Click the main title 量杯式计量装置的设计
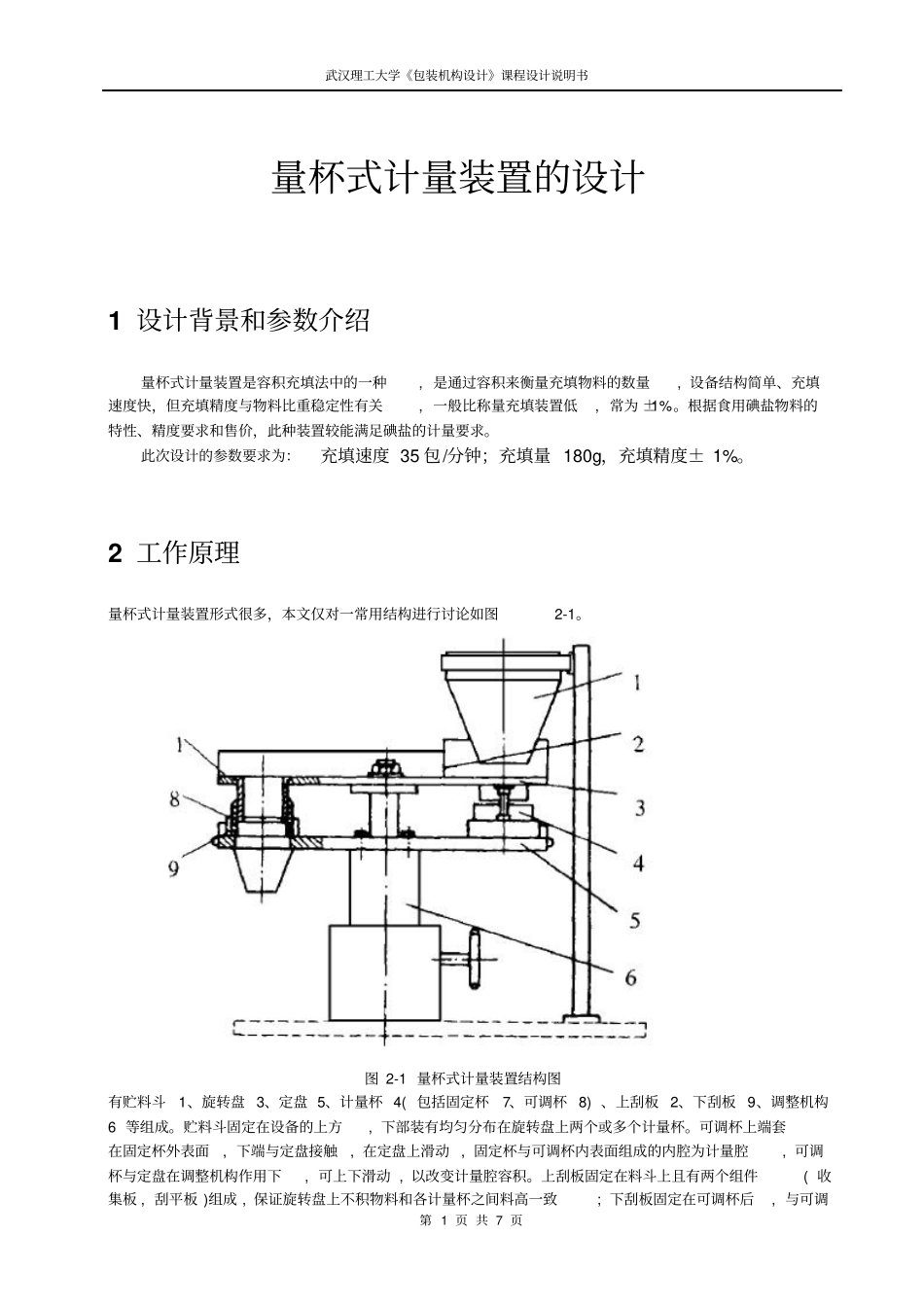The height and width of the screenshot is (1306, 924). pos(457,179)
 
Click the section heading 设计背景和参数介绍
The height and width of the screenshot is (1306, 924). pos(253,320)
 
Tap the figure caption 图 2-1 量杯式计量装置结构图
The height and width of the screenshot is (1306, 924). pos(462,1077)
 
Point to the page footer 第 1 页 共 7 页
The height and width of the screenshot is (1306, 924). pos(471,1219)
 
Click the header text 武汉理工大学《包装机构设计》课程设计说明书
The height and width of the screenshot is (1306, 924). pos(457,75)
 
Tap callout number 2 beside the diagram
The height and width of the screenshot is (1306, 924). pos(638,744)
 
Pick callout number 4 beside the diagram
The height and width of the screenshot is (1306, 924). pos(638,862)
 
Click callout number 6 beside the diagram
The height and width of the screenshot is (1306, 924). pos(630,977)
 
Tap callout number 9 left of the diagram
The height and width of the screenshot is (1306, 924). pos(173,867)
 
